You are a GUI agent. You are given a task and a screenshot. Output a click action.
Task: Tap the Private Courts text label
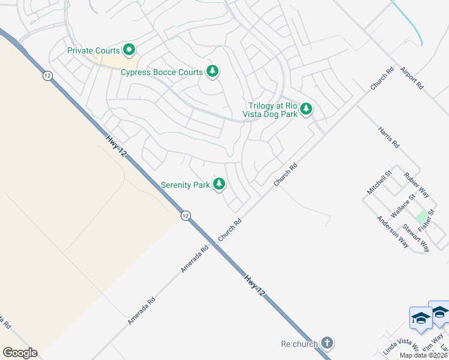tap(94, 51)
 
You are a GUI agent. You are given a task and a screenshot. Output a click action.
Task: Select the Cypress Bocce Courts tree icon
tap(212, 71)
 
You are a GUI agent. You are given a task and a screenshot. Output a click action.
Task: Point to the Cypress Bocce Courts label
tap(162, 73)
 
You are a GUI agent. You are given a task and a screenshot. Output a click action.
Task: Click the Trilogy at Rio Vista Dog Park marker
tap(307, 109)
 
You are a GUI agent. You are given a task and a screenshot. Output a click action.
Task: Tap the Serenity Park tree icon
tap(220, 184)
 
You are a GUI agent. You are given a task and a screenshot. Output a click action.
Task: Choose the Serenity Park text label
tap(185, 185)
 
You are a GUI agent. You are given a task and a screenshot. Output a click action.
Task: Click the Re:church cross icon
tap(327, 343)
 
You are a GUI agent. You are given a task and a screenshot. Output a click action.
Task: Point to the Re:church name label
tap(298, 344)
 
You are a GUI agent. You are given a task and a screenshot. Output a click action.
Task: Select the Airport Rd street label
tap(412, 78)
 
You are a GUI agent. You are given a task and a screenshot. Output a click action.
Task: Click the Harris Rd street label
tap(388, 137)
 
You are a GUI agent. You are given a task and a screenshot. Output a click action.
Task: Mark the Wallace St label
tap(403, 205)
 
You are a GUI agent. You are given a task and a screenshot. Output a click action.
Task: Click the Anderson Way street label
tap(393, 232)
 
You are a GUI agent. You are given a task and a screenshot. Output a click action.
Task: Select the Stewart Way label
tap(415, 238)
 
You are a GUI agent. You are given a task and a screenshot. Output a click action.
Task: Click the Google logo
tap(20, 353)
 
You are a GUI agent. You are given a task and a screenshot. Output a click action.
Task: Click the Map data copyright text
tap(424, 355)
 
